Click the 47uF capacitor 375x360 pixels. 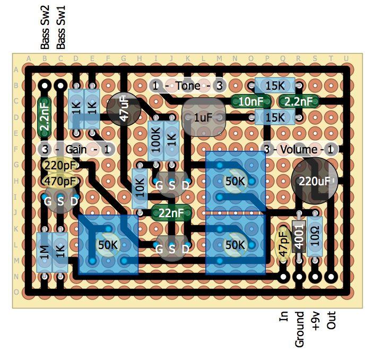[x=124, y=109]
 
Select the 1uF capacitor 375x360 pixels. [x=202, y=118]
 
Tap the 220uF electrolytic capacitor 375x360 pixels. [x=313, y=181]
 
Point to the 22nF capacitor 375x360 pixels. [x=171, y=213]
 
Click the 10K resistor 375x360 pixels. [x=140, y=188]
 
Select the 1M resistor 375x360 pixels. [x=45, y=252]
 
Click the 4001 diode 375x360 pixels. [x=299, y=237]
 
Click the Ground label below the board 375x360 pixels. [x=300, y=330]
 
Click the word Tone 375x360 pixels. [x=188, y=85]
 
